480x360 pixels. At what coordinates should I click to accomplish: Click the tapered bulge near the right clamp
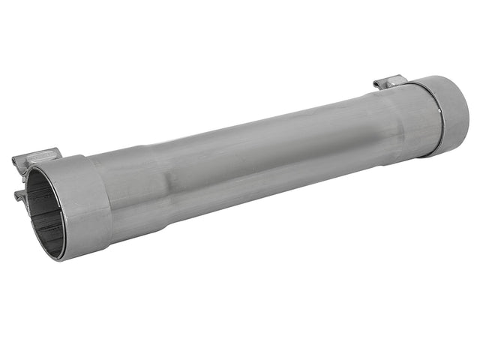pos(397,120)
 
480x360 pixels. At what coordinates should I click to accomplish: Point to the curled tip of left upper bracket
pos(15,160)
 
